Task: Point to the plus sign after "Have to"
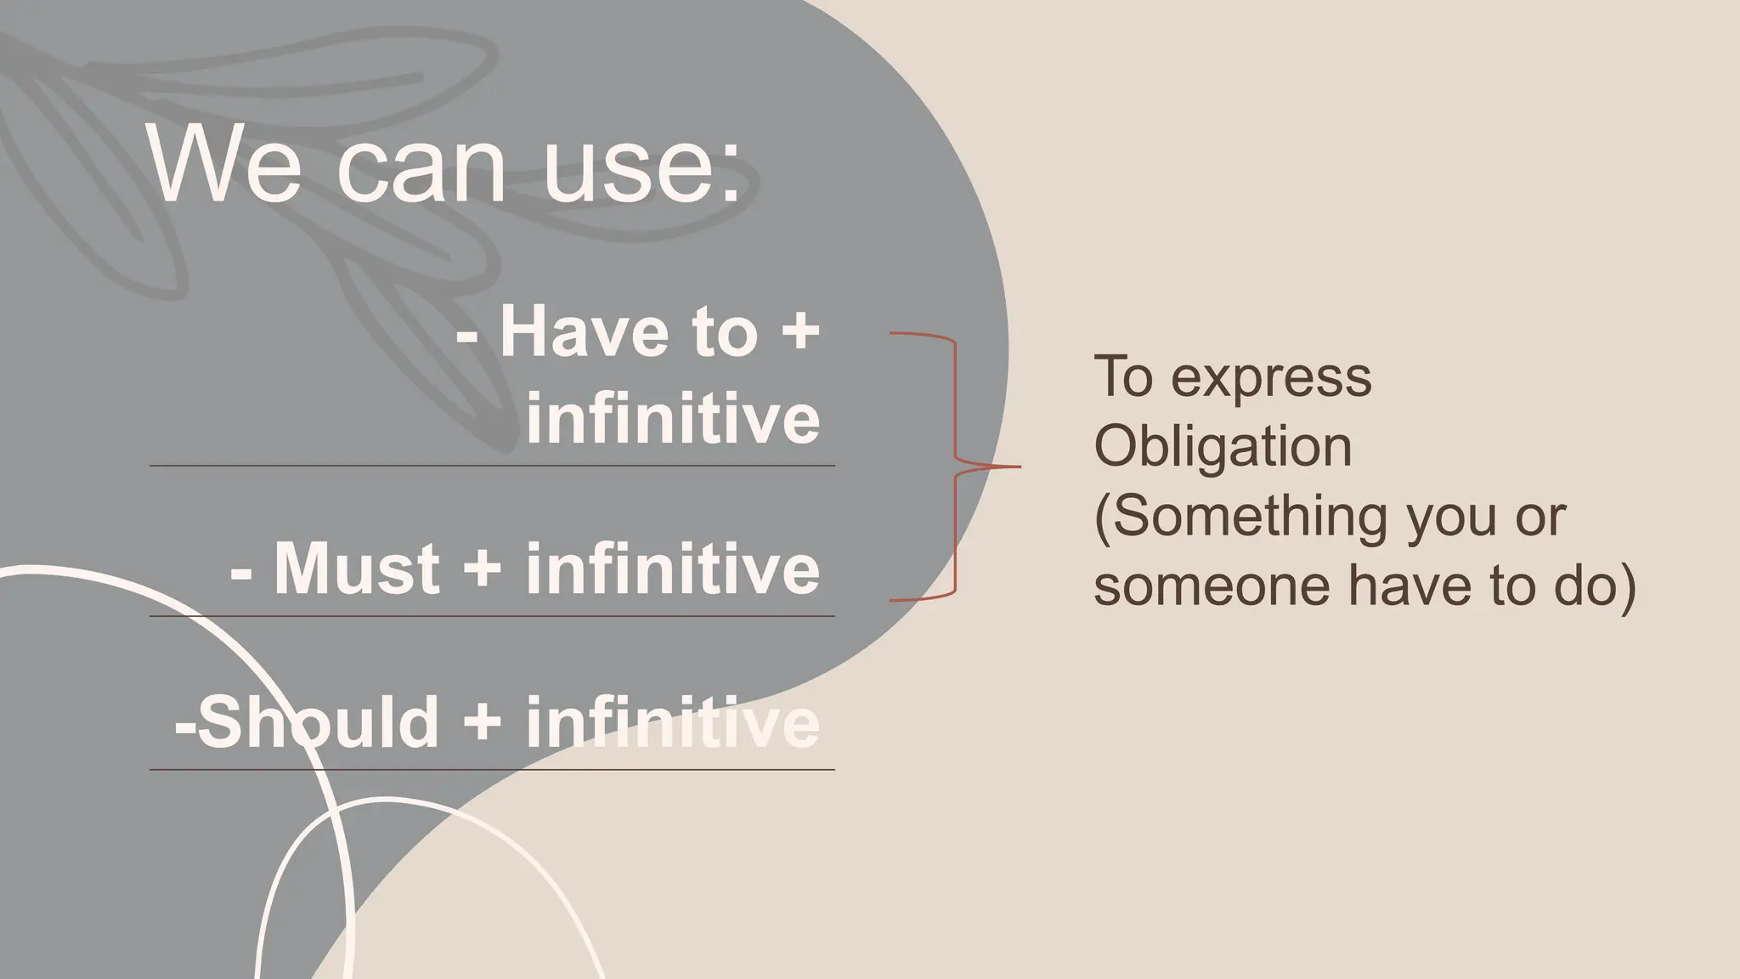[799, 333]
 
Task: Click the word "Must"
[357, 568]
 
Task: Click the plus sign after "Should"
[483, 723]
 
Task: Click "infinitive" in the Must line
[673, 568]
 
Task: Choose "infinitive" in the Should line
[673, 722]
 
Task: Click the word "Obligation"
[1223, 447]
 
